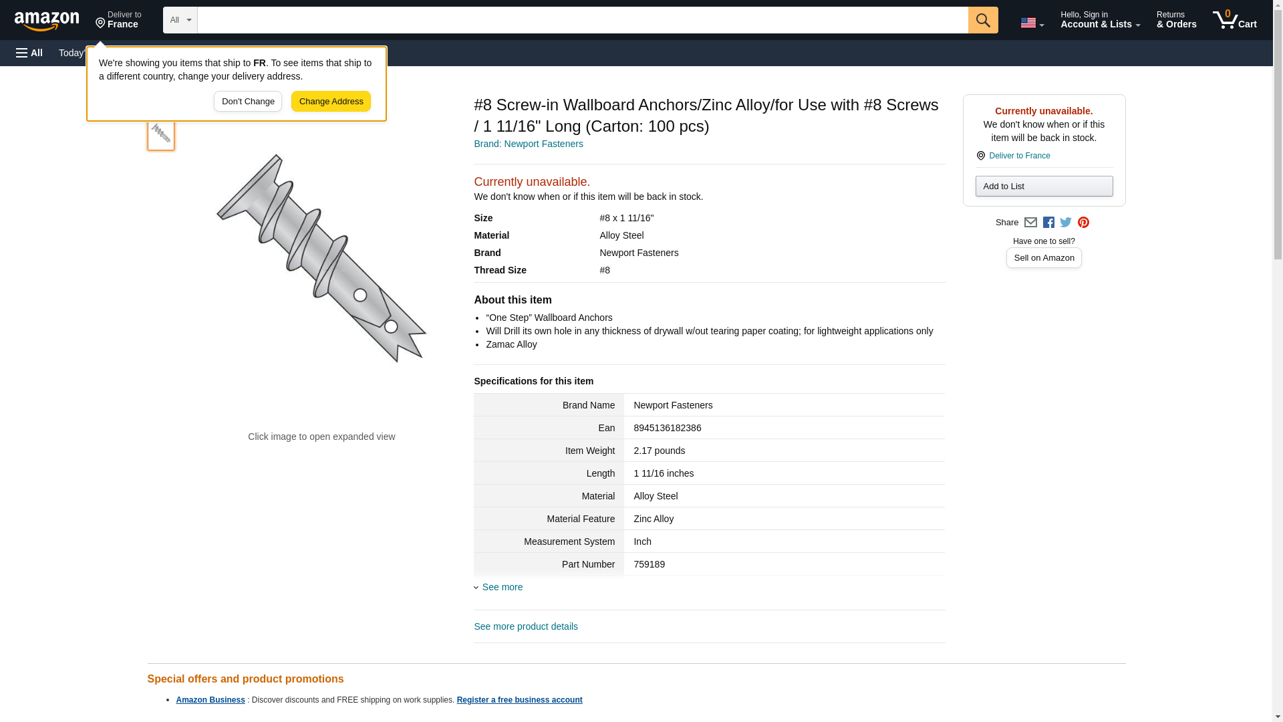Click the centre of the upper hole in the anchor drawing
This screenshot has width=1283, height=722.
(360, 295)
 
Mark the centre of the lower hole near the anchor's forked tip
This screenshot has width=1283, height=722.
(391, 327)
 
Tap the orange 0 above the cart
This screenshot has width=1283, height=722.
(1228, 13)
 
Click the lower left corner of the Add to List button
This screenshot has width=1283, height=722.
(976, 197)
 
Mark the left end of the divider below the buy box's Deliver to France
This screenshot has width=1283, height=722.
(976, 167)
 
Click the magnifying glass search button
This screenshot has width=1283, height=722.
(983, 20)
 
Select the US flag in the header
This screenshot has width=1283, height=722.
(1028, 23)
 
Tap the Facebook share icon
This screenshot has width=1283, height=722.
(1048, 223)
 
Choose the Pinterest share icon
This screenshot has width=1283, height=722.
(1083, 223)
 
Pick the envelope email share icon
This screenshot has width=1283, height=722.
(1030, 223)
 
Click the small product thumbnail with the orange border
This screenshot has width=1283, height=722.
(161, 133)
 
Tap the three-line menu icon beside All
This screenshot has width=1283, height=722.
(22, 53)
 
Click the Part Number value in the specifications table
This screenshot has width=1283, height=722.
(649, 564)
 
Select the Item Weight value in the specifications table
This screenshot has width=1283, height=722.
(659, 451)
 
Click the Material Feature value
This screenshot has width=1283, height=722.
(654, 519)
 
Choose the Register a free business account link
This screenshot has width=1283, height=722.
(519, 700)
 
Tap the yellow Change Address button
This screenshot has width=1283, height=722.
(331, 102)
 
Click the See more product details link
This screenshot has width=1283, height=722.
(526, 626)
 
